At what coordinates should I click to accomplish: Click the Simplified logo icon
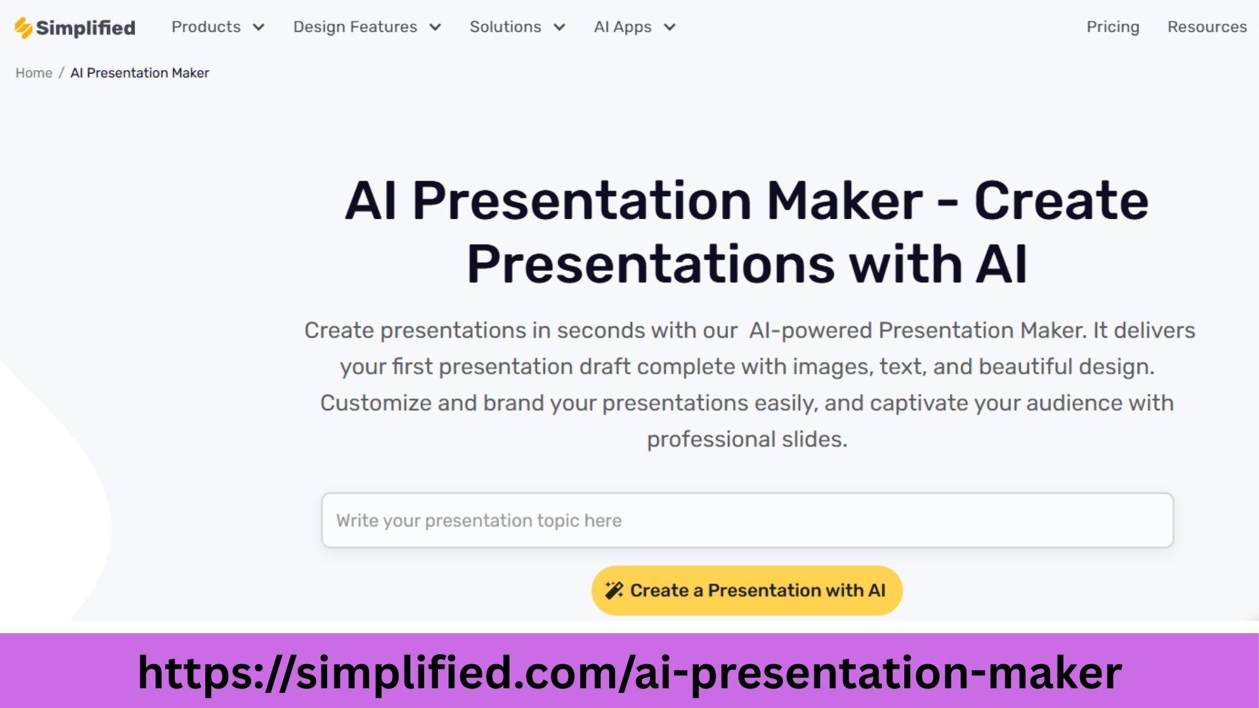pyautogui.click(x=24, y=28)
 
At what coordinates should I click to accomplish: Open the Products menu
pyautogui.click(x=206, y=27)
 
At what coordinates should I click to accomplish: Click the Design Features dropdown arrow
pyautogui.click(x=435, y=28)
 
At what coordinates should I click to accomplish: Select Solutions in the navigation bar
pyautogui.click(x=505, y=27)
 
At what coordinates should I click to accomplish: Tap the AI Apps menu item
pyautogui.click(x=622, y=28)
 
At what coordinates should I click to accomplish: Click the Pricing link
pyautogui.click(x=1113, y=28)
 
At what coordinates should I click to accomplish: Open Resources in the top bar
pyautogui.click(x=1207, y=27)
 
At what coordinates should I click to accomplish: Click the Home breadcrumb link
pyautogui.click(x=34, y=73)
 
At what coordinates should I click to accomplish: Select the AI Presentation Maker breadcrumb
pyautogui.click(x=140, y=73)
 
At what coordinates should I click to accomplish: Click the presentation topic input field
pyautogui.click(x=747, y=521)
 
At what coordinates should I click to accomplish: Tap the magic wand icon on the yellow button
pyautogui.click(x=614, y=591)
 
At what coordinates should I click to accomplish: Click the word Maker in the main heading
pyautogui.click(x=845, y=201)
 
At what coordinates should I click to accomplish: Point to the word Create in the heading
pyautogui.click(x=1061, y=201)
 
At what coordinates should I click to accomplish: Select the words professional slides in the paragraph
pyautogui.click(x=747, y=439)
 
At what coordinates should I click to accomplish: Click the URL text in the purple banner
pyautogui.click(x=629, y=673)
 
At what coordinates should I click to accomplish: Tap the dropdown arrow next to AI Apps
pyautogui.click(x=669, y=28)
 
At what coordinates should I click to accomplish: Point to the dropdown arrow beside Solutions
pyautogui.click(x=559, y=28)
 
